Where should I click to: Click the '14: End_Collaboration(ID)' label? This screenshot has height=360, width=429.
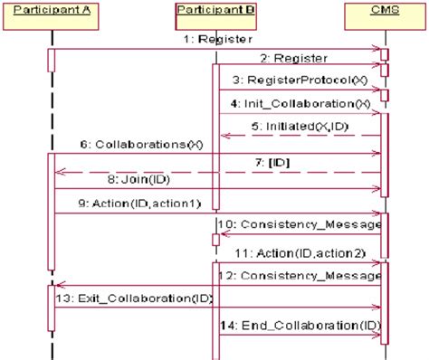[x=299, y=325]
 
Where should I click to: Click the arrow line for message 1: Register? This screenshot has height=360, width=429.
[x=217, y=49]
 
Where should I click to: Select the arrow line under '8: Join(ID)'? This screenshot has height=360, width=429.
[x=217, y=189]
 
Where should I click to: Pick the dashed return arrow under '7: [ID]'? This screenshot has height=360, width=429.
[x=217, y=171]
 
